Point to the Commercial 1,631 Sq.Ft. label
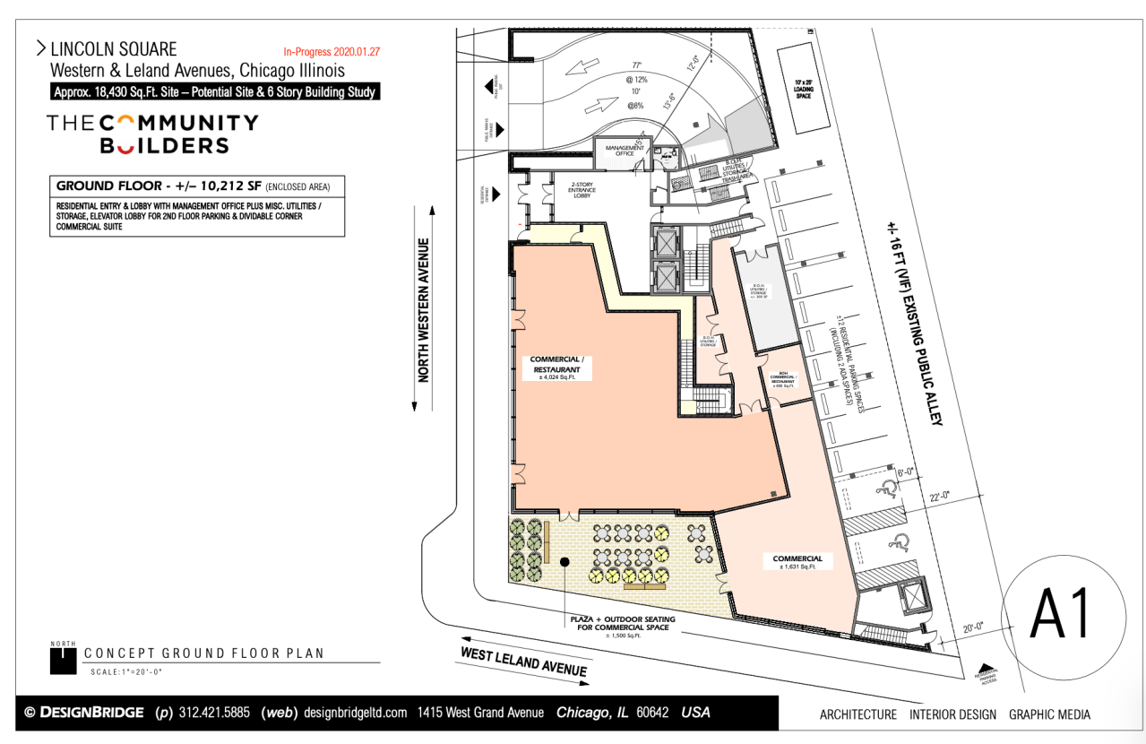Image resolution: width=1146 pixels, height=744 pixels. [x=797, y=561]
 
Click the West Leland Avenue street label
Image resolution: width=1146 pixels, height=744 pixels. [x=524, y=662]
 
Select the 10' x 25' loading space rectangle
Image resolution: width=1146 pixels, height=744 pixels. [x=804, y=88]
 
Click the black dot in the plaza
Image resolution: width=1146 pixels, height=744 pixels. [x=565, y=561]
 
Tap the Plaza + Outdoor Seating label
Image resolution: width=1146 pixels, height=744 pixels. [x=622, y=624]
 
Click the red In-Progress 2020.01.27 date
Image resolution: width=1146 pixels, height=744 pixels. [x=332, y=52]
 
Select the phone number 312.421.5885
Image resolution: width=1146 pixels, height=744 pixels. [x=216, y=714]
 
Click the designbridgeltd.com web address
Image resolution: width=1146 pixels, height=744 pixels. [x=356, y=714]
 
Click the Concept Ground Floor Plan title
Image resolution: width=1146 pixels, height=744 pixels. [x=203, y=653]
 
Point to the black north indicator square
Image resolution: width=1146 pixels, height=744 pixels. [x=63, y=660]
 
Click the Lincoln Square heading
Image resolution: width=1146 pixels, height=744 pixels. [x=114, y=49]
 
